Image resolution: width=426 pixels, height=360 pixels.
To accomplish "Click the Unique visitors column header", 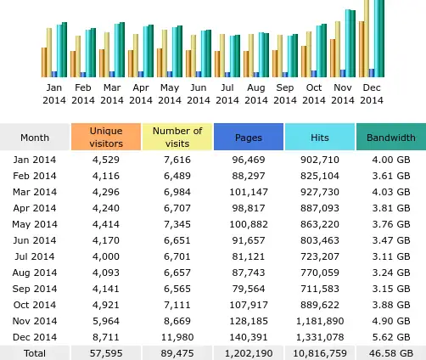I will point(106,138).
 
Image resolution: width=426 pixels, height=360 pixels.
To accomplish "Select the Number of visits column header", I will point(177,138).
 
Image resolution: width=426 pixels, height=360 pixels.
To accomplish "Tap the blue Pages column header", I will point(248,138).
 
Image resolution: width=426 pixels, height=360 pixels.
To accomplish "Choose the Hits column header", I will point(319,138).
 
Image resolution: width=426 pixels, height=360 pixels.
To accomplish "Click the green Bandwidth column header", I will point(390,138).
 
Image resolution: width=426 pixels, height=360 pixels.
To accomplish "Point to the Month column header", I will point(35,138).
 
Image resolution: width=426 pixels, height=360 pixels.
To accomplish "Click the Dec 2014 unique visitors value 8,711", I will point(106,336).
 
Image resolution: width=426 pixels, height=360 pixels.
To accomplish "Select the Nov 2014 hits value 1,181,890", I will point(319,321).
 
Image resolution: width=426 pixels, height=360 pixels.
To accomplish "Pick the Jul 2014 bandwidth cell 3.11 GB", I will point(390,256).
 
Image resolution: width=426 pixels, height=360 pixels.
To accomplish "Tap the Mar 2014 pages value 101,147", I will point(248,191).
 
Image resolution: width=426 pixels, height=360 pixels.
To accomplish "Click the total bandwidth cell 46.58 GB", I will point(390,352).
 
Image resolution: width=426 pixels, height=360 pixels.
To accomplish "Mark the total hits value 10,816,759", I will point(319,352).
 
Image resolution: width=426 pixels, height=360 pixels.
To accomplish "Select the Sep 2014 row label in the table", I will point(35,288).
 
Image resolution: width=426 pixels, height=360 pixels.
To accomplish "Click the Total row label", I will point(35,352).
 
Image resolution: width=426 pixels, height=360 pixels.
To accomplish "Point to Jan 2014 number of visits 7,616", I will point(177,159).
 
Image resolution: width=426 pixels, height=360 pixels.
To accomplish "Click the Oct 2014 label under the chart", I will point(314,93).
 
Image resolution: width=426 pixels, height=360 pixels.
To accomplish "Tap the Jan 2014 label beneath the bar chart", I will point(53,93).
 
